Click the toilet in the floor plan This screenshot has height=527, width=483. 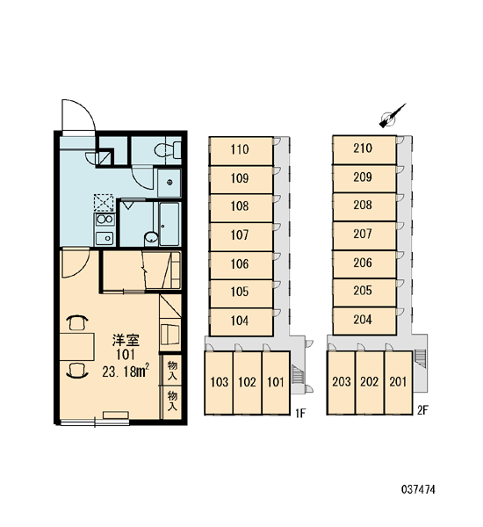click(x=168, y=150)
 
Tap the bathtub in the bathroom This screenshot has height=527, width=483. click(x=169, y=223)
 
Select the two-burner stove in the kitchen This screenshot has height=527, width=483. click(x=105, y=220)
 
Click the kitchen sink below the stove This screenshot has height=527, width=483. click(x=105, y=238)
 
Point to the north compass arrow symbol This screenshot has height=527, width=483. click(x=392, y=116)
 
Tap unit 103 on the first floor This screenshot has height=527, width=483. click(x=219, y=383)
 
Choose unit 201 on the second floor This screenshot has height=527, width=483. click(x=399, y=382)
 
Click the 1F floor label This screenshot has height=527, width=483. click(x=300, y=413)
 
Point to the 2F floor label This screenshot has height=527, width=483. click(x=422, y=410)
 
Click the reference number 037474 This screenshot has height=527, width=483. click(x=418, y=489)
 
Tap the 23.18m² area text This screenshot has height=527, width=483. click(x=126, y=371)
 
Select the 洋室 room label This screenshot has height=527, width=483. click(x=126, y=341)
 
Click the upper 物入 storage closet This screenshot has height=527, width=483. click(x=172, y=371)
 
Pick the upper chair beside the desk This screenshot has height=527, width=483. click(x=77, y=322)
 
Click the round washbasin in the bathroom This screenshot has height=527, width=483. click(x=151, y=237)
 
